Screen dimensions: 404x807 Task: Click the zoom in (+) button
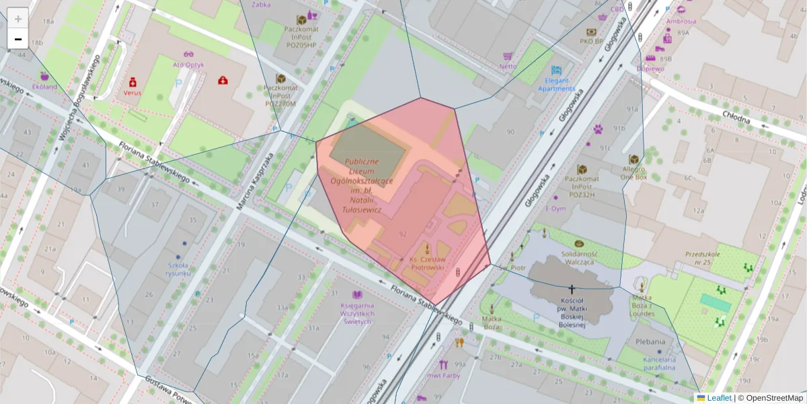coord(18,18)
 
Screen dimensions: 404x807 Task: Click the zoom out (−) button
coord(18,39)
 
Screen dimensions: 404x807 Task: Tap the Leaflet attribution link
coord(718,398)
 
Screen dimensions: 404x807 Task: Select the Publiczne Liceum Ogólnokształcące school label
coord(362,186)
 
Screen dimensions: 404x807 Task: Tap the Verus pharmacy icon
coord(133,81)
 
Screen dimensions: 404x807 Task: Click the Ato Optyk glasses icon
coord(188,55)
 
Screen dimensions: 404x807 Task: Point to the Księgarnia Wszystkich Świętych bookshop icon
coord(357,295)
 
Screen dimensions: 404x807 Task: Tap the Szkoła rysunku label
coord(179,269)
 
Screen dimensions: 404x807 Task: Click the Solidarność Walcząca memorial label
coord(578,257)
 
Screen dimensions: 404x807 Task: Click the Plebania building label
coord(650,341)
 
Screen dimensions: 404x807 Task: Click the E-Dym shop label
coord(555,209)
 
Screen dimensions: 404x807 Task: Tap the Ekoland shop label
coord(44,87)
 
